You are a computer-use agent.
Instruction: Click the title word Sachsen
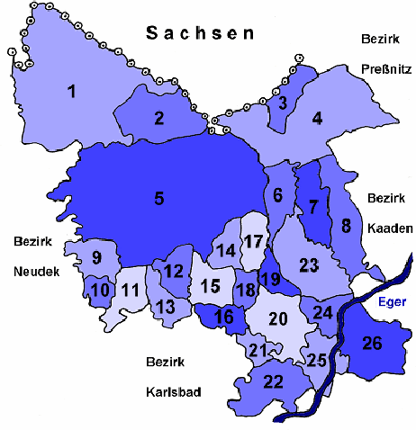point(201,33)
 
